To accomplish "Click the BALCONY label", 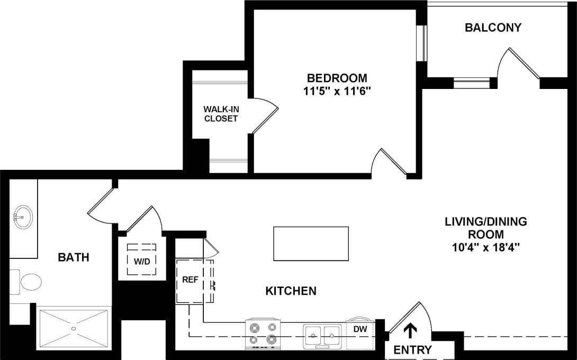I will pyautogui.click(x=493, y=28).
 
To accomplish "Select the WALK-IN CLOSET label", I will pyautogui.click(x=221, y=114).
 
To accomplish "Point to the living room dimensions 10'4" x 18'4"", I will pyautogui.click(x=485, y=247).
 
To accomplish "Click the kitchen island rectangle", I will pyautogui.click(x=311, y=244).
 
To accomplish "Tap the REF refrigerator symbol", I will pyautogui.click(x=191, y=280).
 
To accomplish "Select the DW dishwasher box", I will pyautogui.click(x=360, y=329).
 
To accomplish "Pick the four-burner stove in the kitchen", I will pyautogui.click(x=263, y=334).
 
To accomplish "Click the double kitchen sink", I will pyautogui.click(x=322, y=334).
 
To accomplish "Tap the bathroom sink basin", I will pyautogui.click(x=23, y=217).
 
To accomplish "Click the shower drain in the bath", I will pyautogui.click(x=74, y=328).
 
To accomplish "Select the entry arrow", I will pyautogui.click(x=409, y=331).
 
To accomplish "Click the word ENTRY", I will pyautogui.click(x=412, y=350).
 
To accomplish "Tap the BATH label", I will pyautogui.click(x=73, y=258).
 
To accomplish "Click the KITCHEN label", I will pyautogui.click(x=291, y=291).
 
